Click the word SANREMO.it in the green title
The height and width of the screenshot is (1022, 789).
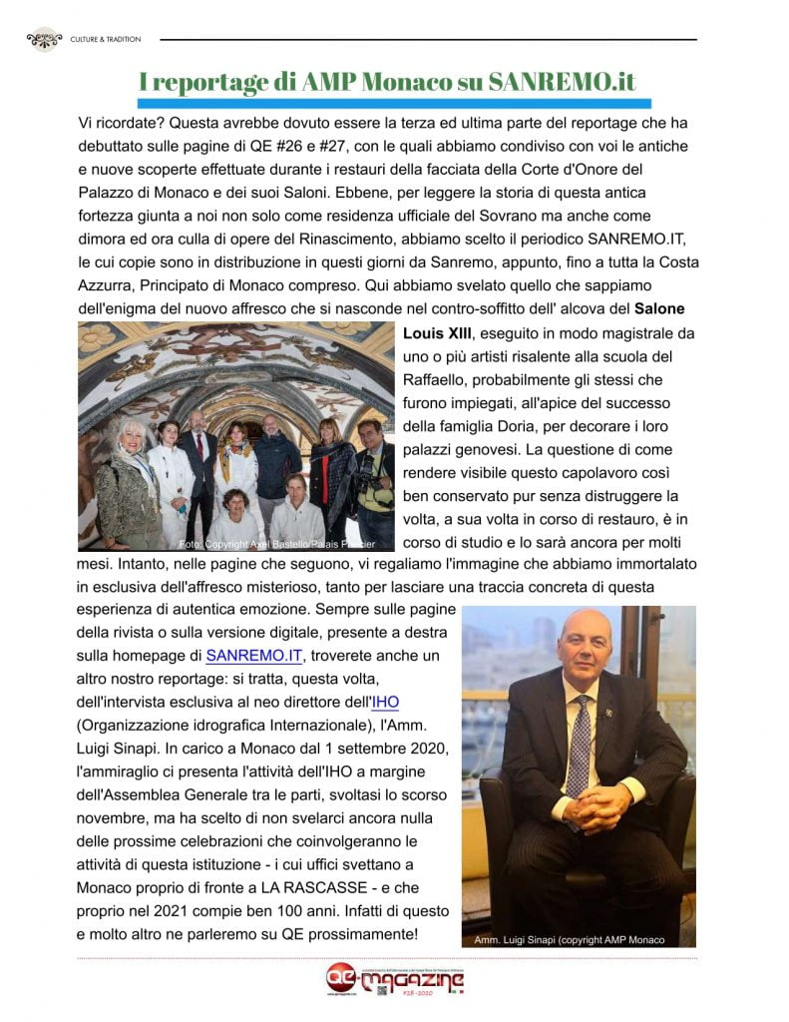tap(562, 81)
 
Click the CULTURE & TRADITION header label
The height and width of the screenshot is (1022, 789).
tap(105, 39)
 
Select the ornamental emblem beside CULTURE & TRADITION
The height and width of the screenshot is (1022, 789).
tap(44, 39)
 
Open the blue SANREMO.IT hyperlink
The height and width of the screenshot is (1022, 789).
tap(253, 655)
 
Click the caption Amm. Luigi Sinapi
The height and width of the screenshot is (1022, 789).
tap(564, 939)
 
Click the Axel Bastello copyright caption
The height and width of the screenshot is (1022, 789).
tap(276, 544)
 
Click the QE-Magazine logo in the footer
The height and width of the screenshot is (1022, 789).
tap(395, 980)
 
